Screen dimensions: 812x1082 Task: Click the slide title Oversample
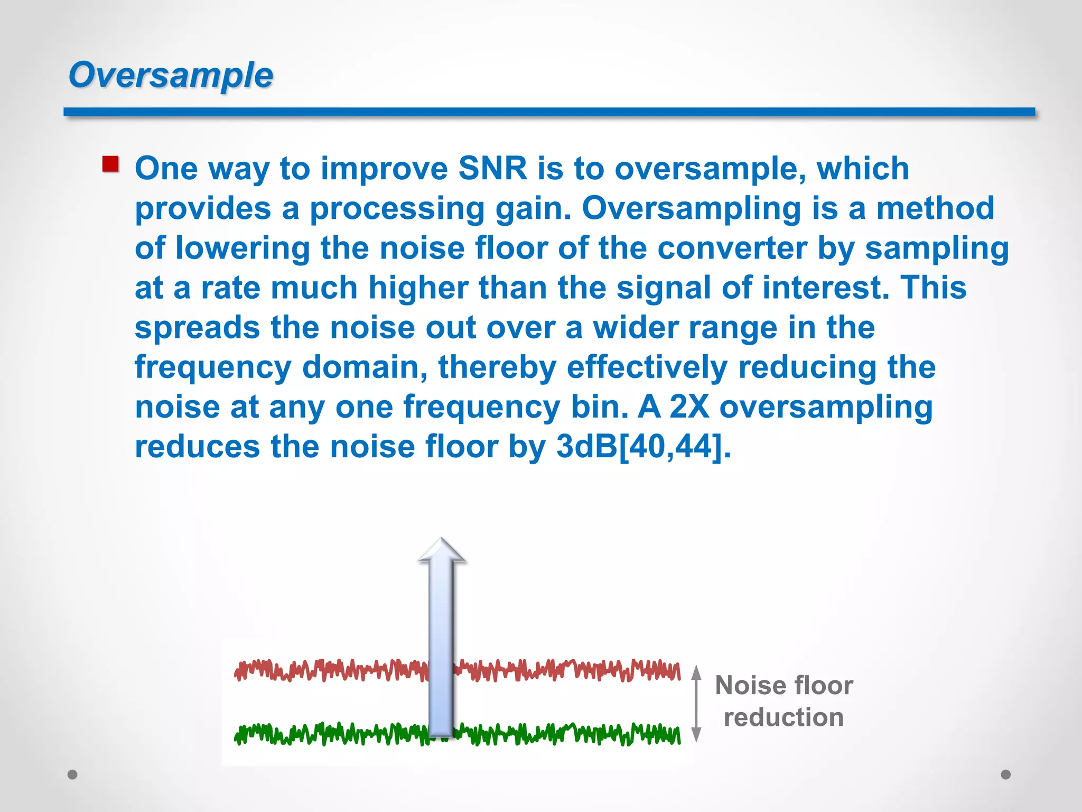point(171,75)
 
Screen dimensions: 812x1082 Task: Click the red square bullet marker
point(110,164)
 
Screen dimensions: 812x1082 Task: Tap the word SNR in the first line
point(492,169)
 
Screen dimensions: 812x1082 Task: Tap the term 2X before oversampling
point(689,407)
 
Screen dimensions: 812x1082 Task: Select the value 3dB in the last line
point(586,447)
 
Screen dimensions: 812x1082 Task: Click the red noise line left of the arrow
point(328,670)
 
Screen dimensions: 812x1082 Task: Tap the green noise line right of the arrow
point(571,734)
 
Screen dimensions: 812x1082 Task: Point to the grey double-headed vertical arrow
point(696,704)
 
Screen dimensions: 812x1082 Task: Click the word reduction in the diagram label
point(783,718)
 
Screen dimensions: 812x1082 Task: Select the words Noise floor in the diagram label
point(783,686)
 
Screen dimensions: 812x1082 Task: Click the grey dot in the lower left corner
point(73,774)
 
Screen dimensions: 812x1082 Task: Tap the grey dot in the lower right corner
point(1006,774)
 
